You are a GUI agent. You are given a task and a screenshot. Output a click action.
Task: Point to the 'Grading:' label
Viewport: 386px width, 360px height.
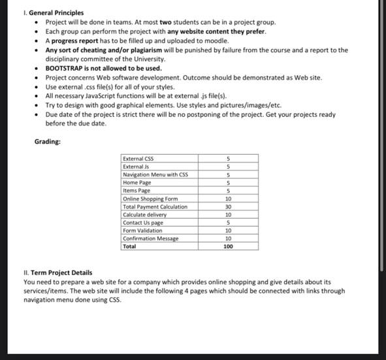[x=48, y=141]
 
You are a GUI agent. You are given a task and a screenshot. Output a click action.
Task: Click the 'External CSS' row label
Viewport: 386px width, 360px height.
[x=138, y=159]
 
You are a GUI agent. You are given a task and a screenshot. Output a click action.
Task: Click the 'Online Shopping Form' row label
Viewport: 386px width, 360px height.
[x=150, y=199]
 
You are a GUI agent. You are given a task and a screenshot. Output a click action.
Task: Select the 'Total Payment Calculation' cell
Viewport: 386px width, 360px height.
[x=155, y=206]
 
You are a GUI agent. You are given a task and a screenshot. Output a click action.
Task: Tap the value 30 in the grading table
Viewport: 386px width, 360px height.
[x=228, y=206]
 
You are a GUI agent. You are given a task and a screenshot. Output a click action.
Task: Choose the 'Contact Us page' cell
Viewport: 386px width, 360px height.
[x=142, y=222]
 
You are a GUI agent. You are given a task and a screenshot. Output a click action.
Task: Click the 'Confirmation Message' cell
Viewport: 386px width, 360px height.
[x=150, y=238]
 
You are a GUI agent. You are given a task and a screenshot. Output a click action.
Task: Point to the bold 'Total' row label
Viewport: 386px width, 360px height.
[x=129, y=247]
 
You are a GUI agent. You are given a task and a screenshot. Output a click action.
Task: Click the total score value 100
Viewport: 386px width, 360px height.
[x=228, y=247]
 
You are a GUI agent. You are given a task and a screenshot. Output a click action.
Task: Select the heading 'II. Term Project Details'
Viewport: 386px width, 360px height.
[x=57, y=272]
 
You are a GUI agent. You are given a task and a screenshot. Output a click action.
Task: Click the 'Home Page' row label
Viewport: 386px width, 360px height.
[x=137, y=182]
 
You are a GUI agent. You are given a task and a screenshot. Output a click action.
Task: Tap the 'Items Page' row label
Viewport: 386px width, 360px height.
[x=137, y=190]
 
